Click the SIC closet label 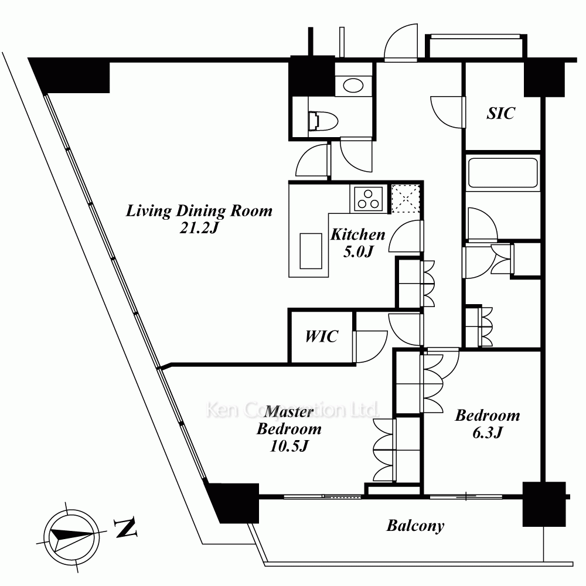click(501, 113)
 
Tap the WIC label click(322, 336)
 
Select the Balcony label click(415, 526)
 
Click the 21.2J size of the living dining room click(199, 227)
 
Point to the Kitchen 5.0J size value click(358, 251)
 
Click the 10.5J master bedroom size click(289, 446)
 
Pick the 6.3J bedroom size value click(488, 432)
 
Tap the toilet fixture click(323, 121)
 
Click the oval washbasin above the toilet click(353, 86)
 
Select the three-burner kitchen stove click(369, 199)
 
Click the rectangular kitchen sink click(311, 251)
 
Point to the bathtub click(503, 173)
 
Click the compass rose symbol click(71, 537)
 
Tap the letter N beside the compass click(125, 527)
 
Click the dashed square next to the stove click(406, 199)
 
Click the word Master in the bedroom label click(289, 412)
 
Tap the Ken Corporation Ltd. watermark click(292, 410)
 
